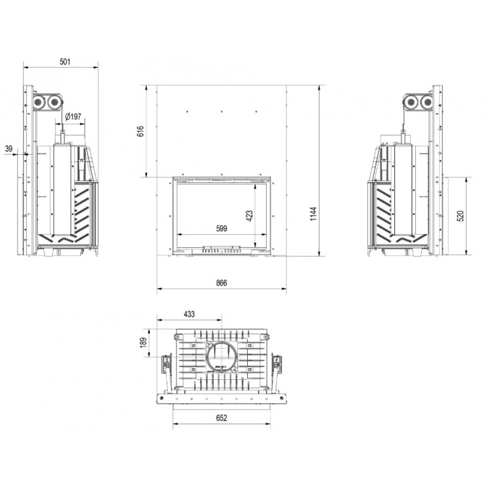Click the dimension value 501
(x=65, y=61)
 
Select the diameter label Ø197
(x=73, y=116)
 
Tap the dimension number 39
(x=9, y=149)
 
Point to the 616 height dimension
(x=141, y=131)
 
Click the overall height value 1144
(x=313, y=214)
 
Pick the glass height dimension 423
(x=250, y=216)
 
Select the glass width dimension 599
(x=222, y=229)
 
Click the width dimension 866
(x=222, y=282)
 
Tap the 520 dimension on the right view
(x=461, y=216)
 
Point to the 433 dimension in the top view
(x=189, y=314)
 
